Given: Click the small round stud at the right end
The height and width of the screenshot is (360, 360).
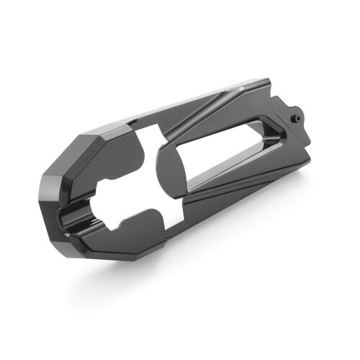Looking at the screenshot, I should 296,114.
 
